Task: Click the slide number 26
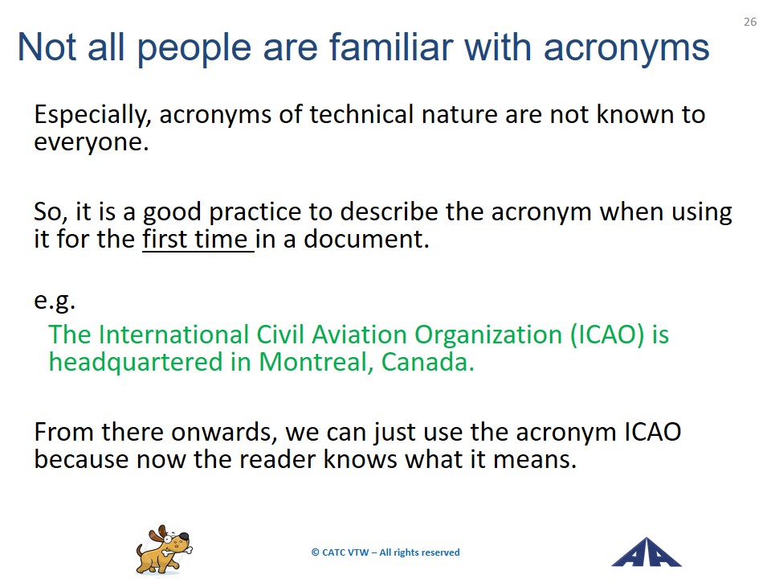click(750, 22)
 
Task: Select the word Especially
click(92, 116)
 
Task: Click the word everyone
click(92, 143)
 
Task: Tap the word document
click(366, 240)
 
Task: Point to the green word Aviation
click(360, 335)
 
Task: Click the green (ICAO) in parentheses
click(607, 335)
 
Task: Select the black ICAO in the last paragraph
click(653, 432)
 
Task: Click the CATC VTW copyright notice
click(385, 552)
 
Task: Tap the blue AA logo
click(646, 552)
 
